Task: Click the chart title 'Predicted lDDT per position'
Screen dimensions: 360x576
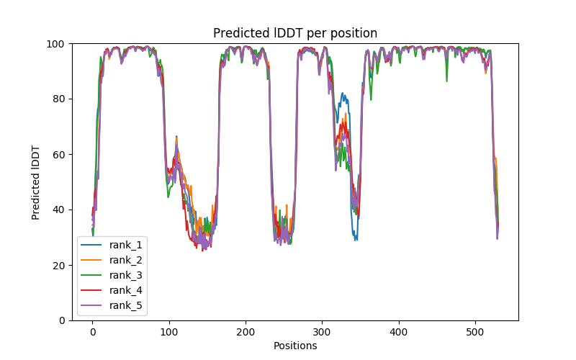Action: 295,33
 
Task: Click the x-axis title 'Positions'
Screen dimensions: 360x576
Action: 295,346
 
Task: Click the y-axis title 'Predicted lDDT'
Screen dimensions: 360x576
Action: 37,181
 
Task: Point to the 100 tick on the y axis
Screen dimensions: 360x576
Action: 57,44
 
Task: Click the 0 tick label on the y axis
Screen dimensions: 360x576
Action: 62,320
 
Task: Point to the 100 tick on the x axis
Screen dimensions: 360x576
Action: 169,331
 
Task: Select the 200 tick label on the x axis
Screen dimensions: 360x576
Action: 246,331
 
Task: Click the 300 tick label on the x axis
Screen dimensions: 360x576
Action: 322,331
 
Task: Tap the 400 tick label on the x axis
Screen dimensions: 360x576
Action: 399,331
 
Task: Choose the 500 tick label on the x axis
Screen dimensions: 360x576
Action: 475,331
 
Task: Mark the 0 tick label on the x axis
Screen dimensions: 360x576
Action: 92,331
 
